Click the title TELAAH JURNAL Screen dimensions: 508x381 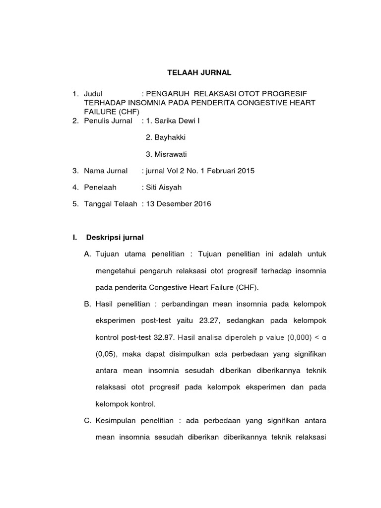(x=198, y=73)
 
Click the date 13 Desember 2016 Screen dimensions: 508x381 (x=178, y=204)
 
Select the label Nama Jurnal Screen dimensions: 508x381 (x=106, y=171)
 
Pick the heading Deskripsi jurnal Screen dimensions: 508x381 (x=115, y=237)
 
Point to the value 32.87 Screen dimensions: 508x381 (x=163, y=337)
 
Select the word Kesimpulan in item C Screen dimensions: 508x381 (x=118, y=421)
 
